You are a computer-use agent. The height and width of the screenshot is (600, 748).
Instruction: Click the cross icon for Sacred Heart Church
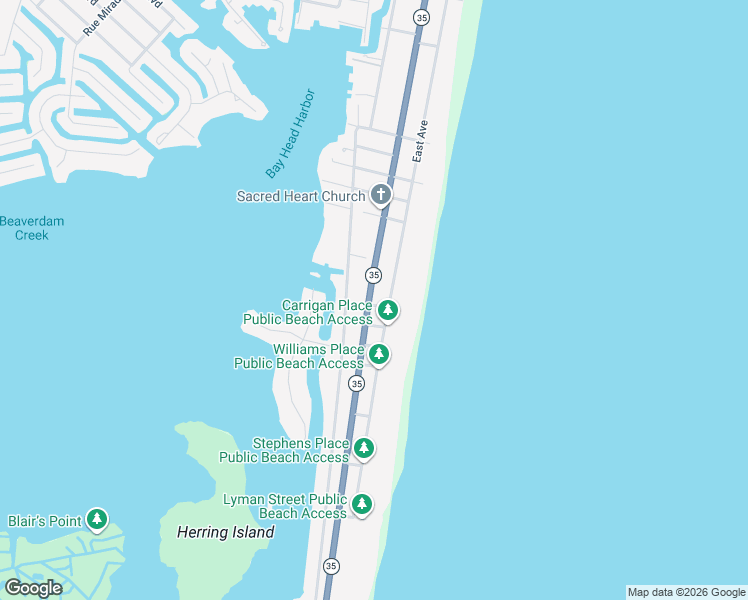380,195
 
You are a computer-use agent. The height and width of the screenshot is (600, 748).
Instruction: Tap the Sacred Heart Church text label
300,196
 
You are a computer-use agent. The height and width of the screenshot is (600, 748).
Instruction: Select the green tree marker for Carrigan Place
388,311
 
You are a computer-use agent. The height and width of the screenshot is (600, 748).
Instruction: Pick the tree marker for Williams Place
378,354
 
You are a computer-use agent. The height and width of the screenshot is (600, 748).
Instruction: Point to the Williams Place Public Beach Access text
299,356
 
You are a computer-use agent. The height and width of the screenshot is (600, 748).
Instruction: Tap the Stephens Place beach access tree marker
364,449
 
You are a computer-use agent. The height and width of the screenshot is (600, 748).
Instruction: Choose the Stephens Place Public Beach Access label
285,450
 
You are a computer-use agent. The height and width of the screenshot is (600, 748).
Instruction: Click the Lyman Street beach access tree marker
362,505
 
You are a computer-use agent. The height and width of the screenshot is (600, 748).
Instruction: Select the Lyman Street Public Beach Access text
285,506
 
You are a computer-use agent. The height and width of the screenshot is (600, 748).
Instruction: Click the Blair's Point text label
44,521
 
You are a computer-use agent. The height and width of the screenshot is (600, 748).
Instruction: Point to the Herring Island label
225,533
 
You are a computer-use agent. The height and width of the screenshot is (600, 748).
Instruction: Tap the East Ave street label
420,142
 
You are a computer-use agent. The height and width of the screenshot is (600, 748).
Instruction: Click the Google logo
33,588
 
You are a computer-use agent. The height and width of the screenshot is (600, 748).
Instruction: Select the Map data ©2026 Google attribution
686,592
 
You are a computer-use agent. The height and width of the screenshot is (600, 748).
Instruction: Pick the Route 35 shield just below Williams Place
356,383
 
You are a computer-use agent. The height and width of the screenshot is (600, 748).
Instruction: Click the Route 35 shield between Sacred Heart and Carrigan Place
373,274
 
